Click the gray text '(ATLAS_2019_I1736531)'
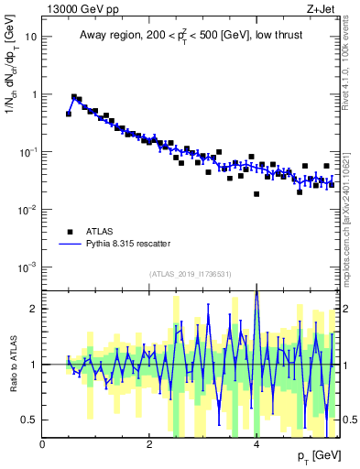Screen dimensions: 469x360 pos(191,274)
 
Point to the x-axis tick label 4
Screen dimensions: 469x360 pos(256,444)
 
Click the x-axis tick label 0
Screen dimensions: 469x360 pos(42,444)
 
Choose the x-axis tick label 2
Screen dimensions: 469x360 pos(149,444)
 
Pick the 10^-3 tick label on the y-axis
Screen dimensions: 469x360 pos(27,267)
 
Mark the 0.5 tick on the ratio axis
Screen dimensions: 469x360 pos(29,420)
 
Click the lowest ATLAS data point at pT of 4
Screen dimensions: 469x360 pos(256,194)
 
